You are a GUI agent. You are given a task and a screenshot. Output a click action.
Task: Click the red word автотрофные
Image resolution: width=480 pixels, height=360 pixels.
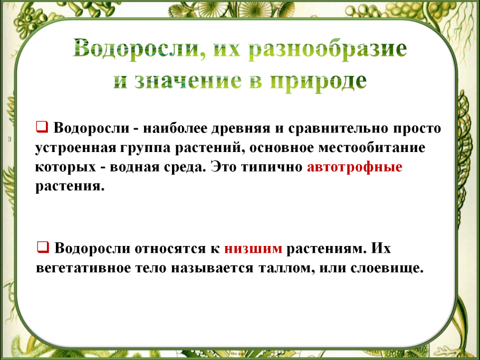354,167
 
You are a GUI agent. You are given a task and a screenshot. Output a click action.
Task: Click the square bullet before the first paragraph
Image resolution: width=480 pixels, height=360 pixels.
42,127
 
